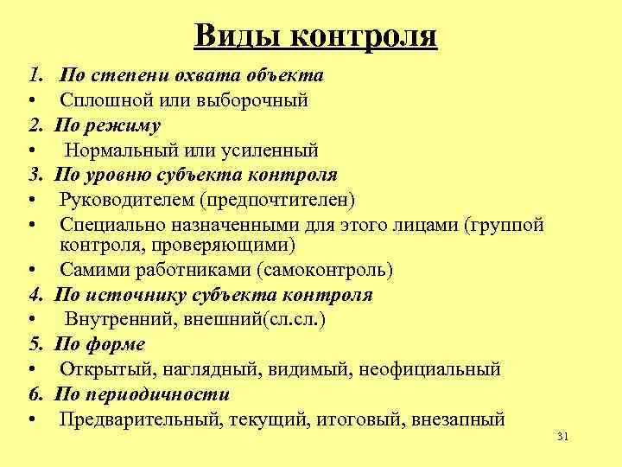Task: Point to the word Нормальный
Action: [117, 150]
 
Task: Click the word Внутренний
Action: [115, 319]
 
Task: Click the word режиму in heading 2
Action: [129, 125]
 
